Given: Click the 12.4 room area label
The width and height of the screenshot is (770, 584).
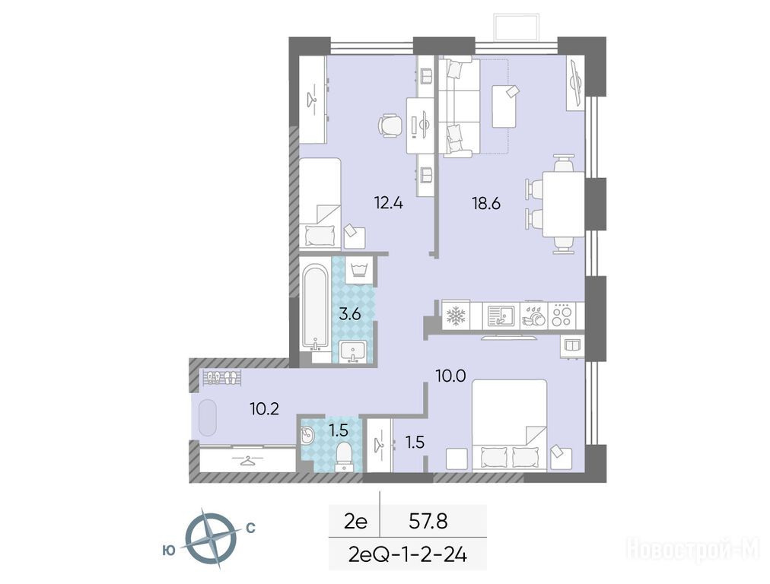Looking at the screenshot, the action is tap(389, 202).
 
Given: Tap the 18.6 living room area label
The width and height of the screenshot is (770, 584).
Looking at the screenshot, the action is tap(486, 202).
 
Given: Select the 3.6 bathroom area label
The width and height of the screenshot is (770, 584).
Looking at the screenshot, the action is tap(350, 313).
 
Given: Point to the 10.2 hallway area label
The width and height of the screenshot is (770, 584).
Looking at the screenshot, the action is tap(264, 408).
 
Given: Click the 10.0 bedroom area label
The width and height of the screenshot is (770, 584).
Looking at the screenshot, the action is tap(450, 376).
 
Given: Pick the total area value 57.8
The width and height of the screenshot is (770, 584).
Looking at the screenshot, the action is tap(428, 521).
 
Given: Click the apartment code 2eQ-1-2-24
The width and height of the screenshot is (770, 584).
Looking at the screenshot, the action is tap(407, 554).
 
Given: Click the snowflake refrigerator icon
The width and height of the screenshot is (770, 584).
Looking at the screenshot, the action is tap(456, 316).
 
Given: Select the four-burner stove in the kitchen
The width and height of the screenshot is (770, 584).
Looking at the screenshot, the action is tap(562, 316).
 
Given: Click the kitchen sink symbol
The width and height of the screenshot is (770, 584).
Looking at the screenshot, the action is tap(501, 316).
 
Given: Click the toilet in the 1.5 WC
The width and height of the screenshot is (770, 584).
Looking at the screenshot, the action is tap(344, 455).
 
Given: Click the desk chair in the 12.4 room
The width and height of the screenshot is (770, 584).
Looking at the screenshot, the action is tap(390, 125).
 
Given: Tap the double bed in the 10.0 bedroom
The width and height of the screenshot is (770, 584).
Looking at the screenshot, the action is tap(509, 426).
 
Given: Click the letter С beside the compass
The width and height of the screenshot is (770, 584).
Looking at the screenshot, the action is tap(250, 528).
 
